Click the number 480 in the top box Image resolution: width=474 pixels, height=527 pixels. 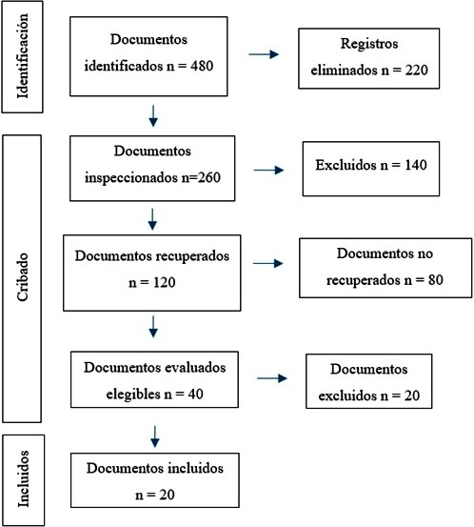pos(202,66)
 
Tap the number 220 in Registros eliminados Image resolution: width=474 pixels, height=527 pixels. pos(416,70)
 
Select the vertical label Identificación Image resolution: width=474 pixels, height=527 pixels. pos(23,56)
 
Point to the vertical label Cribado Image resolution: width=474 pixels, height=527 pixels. pos(23,277)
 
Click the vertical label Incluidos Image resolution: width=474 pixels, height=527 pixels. pos(23,478)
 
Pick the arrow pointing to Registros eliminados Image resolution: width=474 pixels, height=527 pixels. pos(264,54)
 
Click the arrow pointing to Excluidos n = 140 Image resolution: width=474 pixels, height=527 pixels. pos(268,170)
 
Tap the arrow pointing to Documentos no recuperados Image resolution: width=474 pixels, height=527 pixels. pos(267,263)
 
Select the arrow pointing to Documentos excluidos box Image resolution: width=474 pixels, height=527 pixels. pos(272,378)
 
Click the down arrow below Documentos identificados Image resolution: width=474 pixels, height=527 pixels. pos(153,116)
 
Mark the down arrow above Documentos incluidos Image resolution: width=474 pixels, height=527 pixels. pos(155,436)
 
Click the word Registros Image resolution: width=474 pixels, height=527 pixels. pos(369,44)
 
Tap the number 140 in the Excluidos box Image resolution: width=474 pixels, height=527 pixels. pos(416,165)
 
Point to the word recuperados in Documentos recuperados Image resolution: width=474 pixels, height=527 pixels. pos(192,256)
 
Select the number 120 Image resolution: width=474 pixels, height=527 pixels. pos(164,282)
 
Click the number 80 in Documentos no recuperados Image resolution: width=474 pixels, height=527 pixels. pos(435,279)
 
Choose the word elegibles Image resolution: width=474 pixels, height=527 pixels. pos(133,395)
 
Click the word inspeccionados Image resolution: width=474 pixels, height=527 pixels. pos(131,178)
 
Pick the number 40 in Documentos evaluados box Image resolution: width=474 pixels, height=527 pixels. pos(195,394)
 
